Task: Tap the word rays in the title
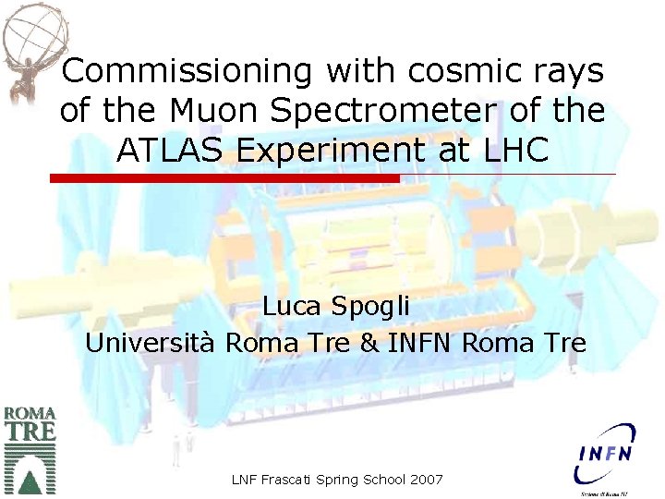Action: [x=569, y=70]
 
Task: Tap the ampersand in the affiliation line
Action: [x=369, y=344]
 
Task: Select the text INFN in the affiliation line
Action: [x=420, y=344]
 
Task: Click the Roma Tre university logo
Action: [x=30, y=449]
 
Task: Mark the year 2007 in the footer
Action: [x=424, y=481]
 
